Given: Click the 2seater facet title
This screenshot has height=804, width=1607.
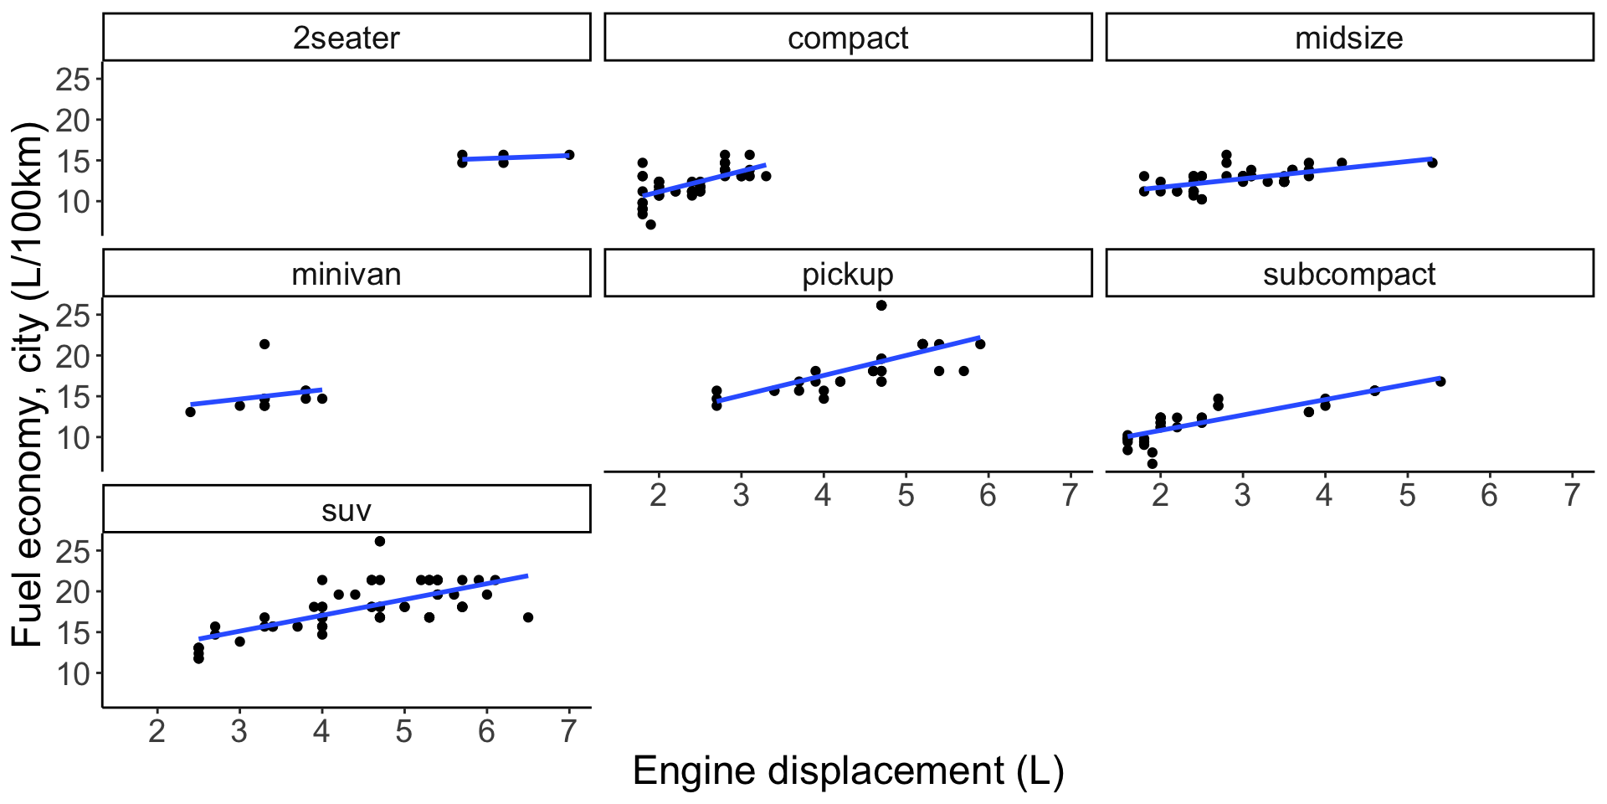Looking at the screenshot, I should click(347, 38).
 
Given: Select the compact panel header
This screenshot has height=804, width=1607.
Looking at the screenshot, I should click(848, 38).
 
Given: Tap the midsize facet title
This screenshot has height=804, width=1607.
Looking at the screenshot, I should click(1349, 38).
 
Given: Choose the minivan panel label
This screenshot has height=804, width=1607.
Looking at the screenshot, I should click(347, 274).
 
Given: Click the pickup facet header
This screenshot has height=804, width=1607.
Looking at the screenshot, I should click(848, 274).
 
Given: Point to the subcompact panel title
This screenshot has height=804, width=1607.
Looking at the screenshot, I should click(1349, 274).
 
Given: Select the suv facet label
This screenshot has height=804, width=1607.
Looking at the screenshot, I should click(347, 510).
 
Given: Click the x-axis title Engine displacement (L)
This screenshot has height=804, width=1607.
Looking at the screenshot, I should click(848, 770).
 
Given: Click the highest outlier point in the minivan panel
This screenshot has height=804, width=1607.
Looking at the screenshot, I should click(264, 344).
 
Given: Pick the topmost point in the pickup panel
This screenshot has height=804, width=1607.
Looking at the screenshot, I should click(881, 306).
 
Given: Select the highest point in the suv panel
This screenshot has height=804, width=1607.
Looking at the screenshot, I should click(380, 542).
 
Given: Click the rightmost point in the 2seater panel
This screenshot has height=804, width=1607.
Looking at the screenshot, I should click(569, 155).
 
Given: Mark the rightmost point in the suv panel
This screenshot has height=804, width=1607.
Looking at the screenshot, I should click(528, 617).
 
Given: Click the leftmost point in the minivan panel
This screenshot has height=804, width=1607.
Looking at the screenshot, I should click(191, 411).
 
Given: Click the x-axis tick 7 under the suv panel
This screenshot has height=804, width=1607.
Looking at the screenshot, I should click(569, 732).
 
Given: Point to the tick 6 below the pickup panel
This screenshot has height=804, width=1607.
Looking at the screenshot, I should click(988, 496).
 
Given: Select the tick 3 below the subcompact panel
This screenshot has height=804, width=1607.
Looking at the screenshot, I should click(1242, 496).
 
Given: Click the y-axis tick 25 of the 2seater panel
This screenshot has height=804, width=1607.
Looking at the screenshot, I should click(73, 80).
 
